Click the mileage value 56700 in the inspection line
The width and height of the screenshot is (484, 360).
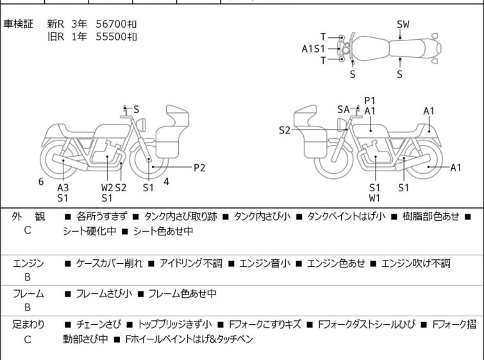[111, 24]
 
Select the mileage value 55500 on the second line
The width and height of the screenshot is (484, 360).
[111, 36]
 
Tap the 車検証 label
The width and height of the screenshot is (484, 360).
[22, 24]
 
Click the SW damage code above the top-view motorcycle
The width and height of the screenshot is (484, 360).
[403, 24]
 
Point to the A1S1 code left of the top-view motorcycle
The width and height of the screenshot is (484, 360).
[314, 48]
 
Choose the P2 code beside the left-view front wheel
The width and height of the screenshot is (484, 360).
[199, 167]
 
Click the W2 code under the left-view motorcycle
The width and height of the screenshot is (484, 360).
[107, 187]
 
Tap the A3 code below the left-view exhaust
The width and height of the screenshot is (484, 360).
[63, 187]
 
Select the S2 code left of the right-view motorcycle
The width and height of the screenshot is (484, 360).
[285, 130]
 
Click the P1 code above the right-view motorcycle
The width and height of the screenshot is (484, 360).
[370, 100]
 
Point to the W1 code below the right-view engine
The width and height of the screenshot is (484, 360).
[374, 198]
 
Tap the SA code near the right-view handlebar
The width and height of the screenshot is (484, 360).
[344, 110]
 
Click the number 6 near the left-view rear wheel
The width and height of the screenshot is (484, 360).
[41, 182]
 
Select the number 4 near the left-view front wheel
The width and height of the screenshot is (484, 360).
[166, 182]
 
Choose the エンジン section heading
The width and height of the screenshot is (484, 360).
[28, 263]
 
